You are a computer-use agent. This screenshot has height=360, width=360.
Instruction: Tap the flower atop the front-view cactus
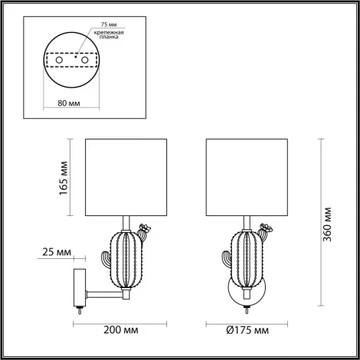click(265, 227)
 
